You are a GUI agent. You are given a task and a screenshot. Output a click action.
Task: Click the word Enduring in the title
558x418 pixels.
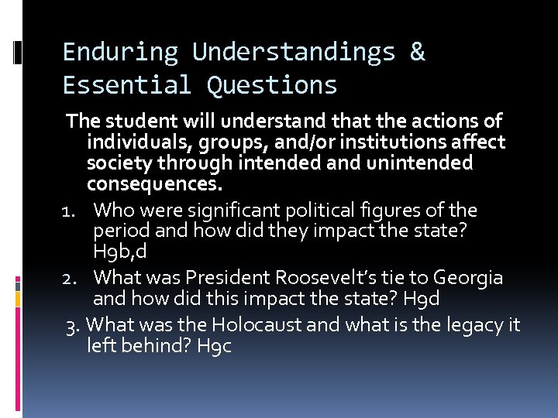coord(120,53)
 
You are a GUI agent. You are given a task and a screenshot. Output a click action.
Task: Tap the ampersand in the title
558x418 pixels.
coord(417,53)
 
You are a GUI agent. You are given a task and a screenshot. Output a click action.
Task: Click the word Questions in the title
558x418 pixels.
coord(272,84)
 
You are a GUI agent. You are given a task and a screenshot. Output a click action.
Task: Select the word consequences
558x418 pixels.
coord(154,185)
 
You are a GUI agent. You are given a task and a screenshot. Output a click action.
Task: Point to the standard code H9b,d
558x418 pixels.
coord(119,252)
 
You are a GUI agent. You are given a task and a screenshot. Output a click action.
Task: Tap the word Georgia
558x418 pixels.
coord(469,278)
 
